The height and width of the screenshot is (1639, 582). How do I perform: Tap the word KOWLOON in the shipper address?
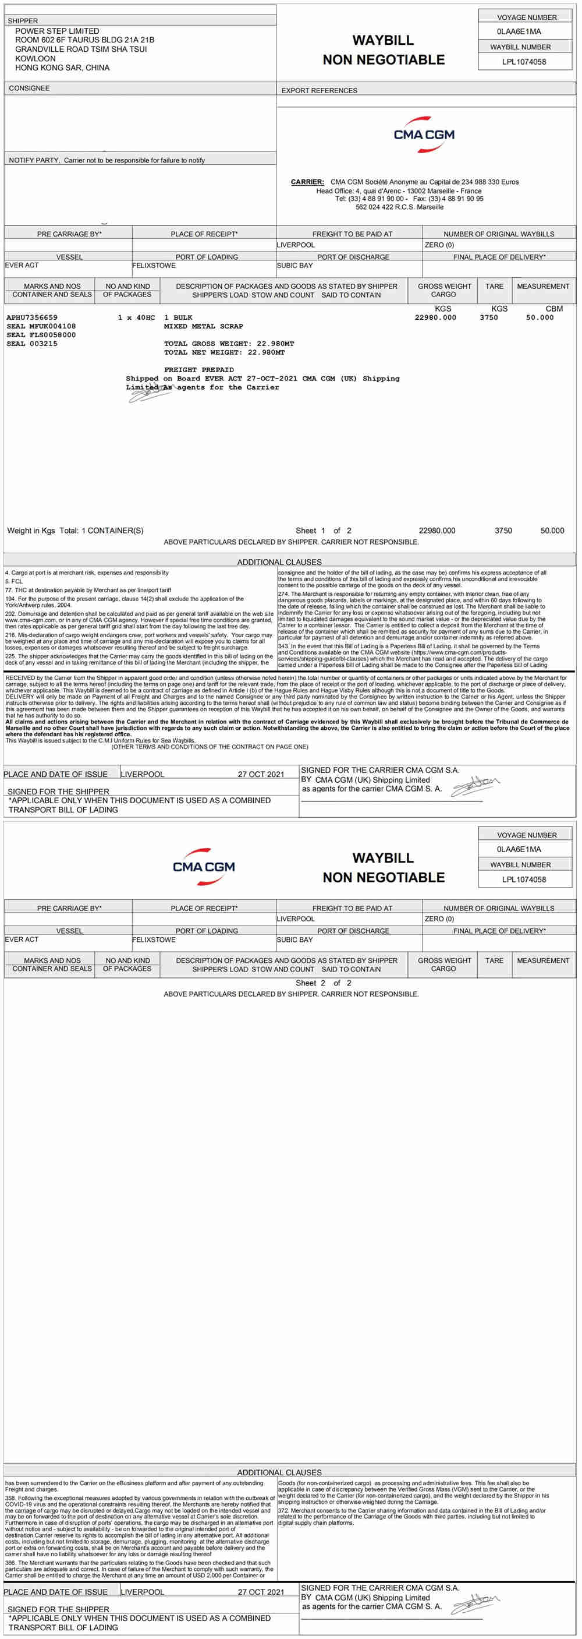click(36, 58)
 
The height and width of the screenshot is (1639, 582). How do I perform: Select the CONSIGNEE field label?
click(29, 89)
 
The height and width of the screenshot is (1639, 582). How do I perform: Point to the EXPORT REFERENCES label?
click(320, 90)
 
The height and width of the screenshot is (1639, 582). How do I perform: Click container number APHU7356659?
click(32, 317)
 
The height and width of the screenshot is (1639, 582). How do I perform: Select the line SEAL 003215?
click(32, 344)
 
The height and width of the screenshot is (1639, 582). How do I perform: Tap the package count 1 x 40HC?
click(136, 317)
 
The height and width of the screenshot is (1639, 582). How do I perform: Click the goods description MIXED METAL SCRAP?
click(204, 326)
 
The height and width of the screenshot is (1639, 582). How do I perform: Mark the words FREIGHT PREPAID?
click(199, 370)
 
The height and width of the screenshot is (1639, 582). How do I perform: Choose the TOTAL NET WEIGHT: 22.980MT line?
click(225, 352)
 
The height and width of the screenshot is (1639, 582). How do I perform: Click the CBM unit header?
click(554, 309)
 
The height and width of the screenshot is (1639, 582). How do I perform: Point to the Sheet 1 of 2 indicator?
click(323, 531)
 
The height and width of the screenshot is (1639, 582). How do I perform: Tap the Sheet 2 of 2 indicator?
click(323, 983)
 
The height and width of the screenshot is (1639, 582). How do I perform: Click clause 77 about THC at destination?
click(88, 590)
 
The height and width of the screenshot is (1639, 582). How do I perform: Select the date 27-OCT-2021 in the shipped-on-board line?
click(272, 379)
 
